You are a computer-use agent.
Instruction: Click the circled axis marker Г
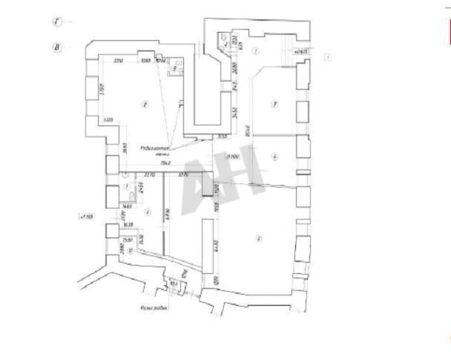pyautogui.click(x=57, y=22)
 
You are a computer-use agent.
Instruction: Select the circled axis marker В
pyautogui.click(x=57, y=46)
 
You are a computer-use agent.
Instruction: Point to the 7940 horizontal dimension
pyautogui.click(x=165, y=163)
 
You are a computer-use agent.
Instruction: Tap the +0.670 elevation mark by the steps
pyautogui.click(x=301, y=53)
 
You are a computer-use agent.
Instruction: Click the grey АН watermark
pyautogui.click(x=223, y=179)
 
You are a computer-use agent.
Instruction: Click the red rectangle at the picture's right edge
pyautogui.click(x=448, y=33)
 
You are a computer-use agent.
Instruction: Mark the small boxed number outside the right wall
pyautogui.click(x=327, y=56)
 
